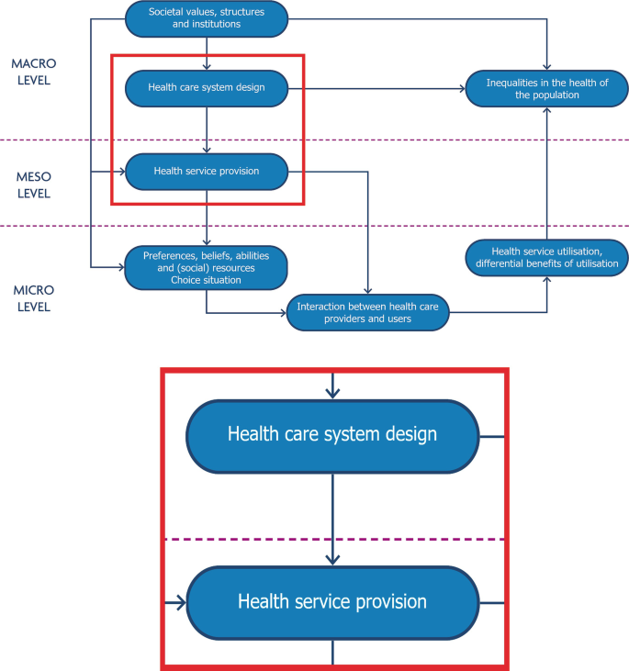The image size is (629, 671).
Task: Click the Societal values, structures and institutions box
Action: point(206,17)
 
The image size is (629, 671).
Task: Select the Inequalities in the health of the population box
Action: point(547,88)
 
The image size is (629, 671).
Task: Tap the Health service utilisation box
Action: point(547,257)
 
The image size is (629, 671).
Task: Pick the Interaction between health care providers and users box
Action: point(367,312)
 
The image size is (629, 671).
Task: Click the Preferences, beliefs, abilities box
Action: point(206,266)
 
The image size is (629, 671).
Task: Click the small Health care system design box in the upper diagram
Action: point(206,88)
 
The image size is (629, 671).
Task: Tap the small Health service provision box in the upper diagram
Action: point(206,171)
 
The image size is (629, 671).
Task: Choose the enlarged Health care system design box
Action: point(332,435)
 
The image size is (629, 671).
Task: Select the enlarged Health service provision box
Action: point(332,602)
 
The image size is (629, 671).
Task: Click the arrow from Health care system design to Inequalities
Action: point(376,88)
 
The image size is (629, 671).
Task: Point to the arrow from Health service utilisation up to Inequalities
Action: point(548,174)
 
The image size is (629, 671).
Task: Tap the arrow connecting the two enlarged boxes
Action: point(332,514)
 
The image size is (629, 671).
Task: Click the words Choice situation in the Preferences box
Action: point(206,279)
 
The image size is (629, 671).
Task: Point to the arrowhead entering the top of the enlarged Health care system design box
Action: point(332,392)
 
